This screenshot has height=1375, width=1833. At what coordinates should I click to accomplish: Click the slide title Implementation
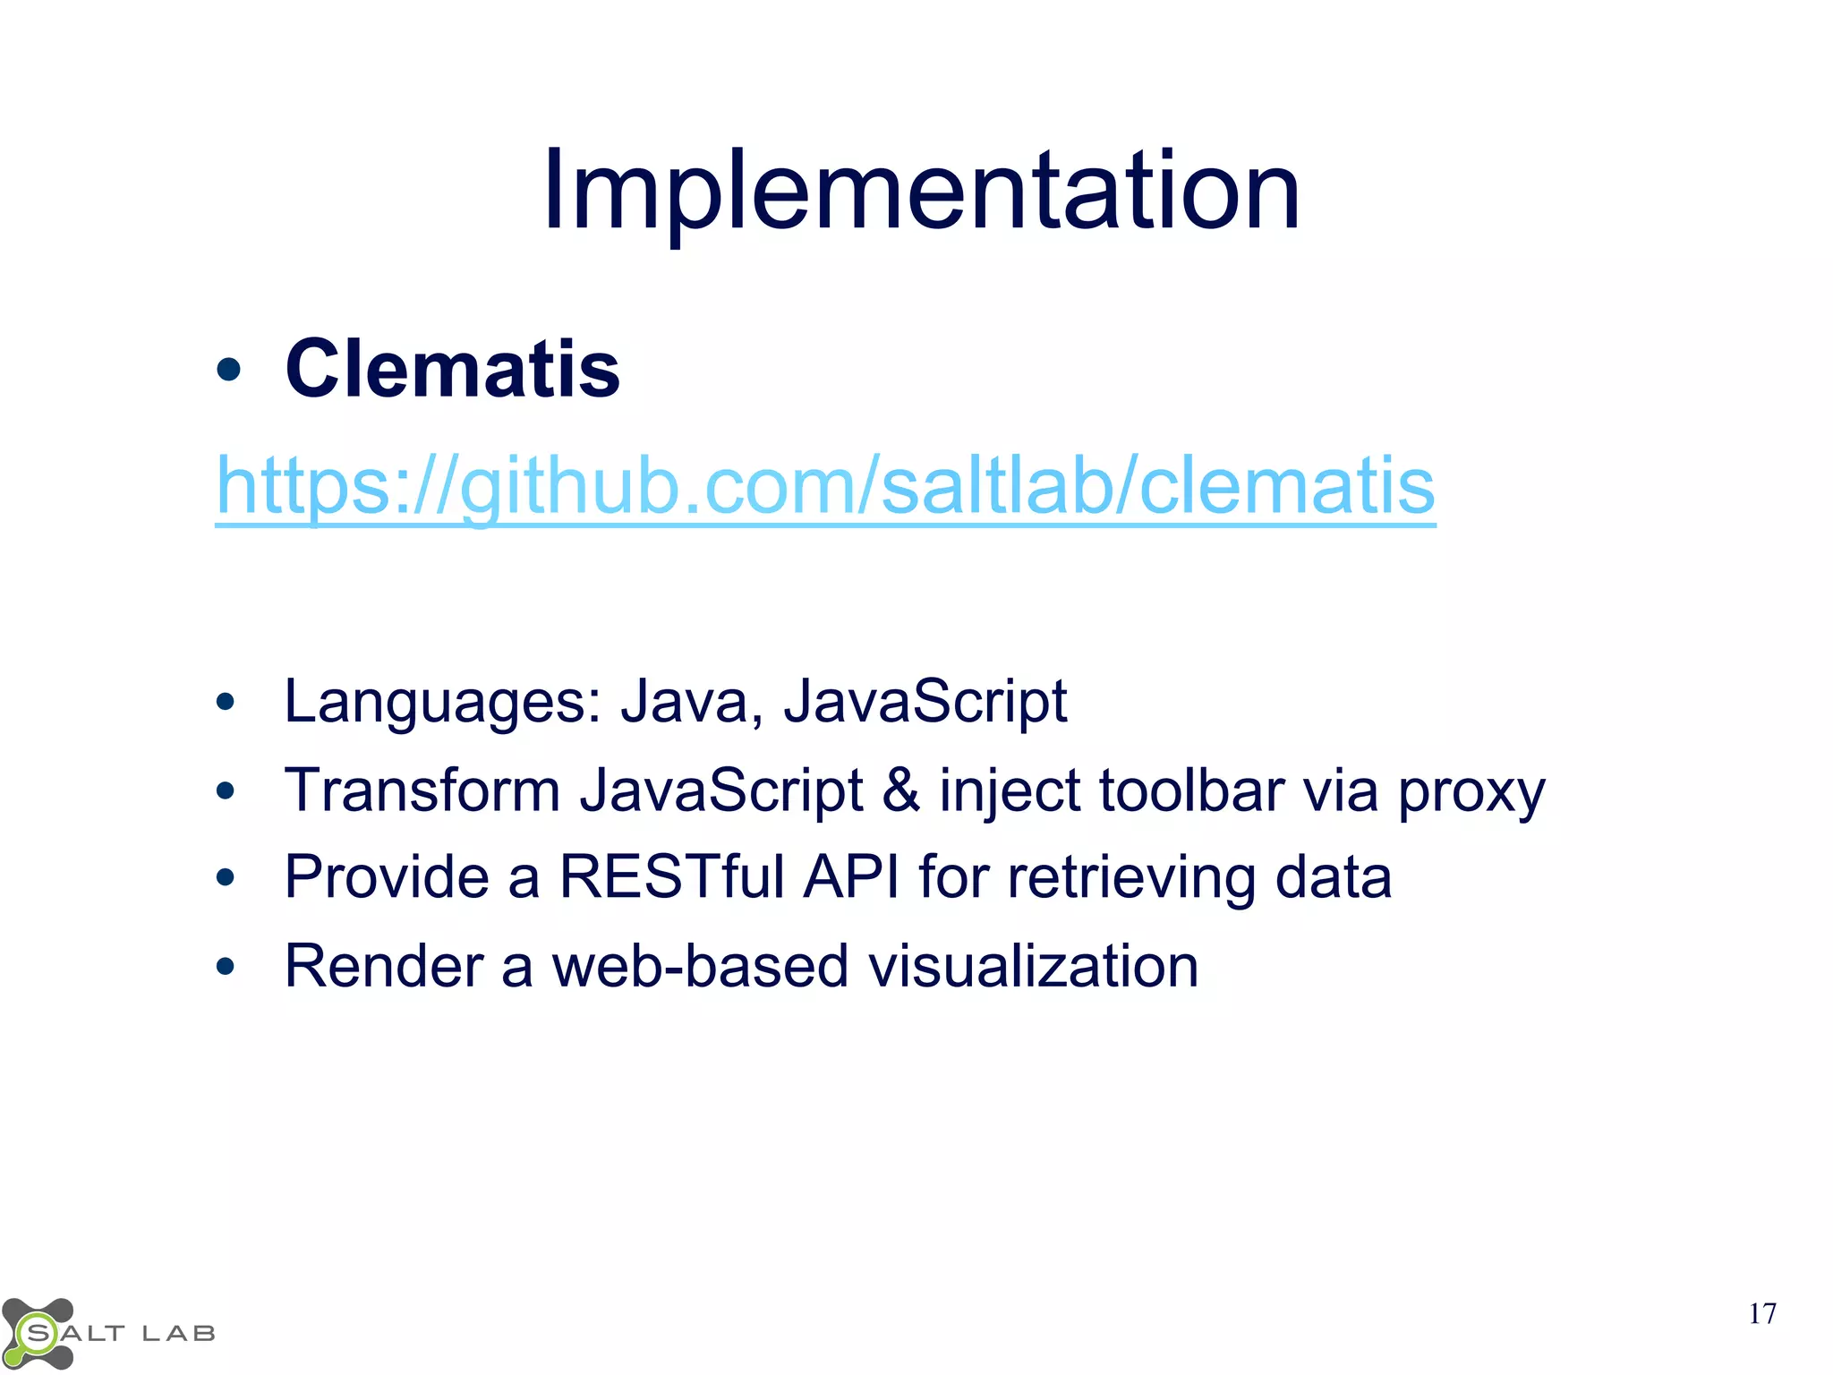click(921, 191)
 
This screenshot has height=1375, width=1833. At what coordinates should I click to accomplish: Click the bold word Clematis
click(452, 369)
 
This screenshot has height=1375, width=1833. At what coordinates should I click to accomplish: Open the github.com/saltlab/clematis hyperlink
click(825, 485)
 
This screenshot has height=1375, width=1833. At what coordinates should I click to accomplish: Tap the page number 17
click(1761, 1313)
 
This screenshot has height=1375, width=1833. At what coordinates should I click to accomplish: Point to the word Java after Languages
click(683, 701)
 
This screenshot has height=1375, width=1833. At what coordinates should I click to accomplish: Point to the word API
click(851, 876)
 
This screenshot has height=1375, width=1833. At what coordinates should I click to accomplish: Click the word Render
click(384, 966)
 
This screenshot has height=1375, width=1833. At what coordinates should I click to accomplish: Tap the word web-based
click(700, 966)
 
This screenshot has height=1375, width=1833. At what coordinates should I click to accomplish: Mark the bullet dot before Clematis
click(228, 369)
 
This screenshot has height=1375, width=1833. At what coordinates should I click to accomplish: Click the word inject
click(1009, 791)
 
